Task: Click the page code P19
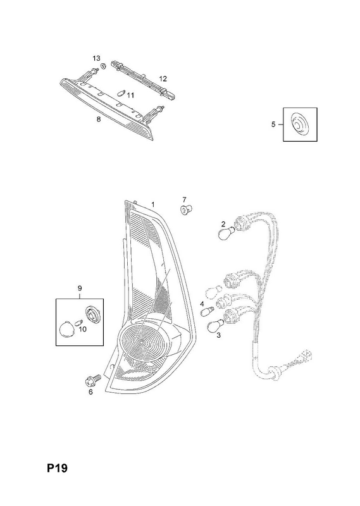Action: point(58,468)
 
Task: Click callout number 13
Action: point(96,58)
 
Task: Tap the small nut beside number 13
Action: point(104,66)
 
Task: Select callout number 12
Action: point(163,78)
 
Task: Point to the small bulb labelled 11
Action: point(121,94)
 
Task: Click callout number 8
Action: point(99,119)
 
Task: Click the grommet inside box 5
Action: point(299,125)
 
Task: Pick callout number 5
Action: point(273,124)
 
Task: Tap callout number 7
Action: point(184,199)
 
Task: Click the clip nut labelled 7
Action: point(185,210)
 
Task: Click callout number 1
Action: point(153,204)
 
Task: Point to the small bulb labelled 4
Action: point(206,312)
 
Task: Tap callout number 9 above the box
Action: point(80,288)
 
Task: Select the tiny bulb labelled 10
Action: point(80,322)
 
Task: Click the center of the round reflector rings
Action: point(141,342)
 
